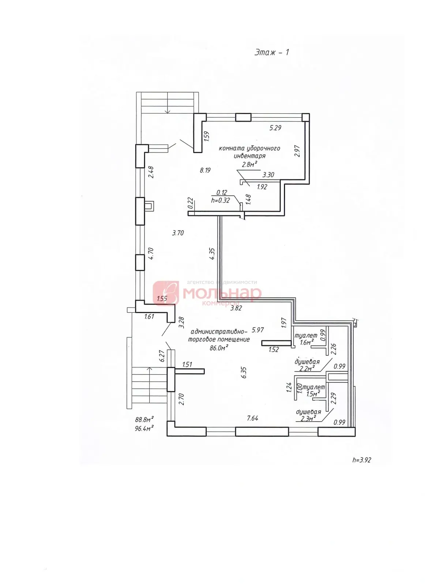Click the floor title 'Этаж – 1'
pos(272,52)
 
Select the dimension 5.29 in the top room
pos(275,128)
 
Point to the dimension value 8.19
pos(205,170)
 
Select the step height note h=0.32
pos(220,200)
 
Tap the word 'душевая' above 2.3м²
pos(308,412)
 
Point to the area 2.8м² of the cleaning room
pos(249,164)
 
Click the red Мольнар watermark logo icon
pos(166,293)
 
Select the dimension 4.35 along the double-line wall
pos(212,253)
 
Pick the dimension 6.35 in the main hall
pos(244,372)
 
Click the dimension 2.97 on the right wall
pos(297,151)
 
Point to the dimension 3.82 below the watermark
pos(236,308)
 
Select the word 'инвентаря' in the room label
pos(249,156)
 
